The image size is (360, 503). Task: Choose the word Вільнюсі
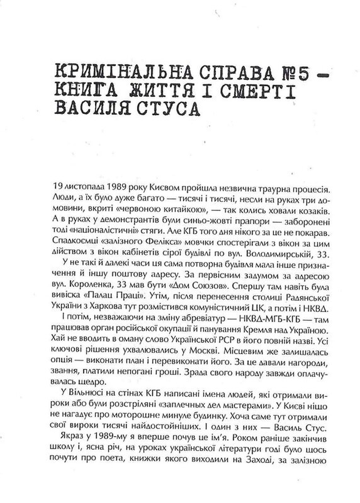(x=78, y=394)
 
